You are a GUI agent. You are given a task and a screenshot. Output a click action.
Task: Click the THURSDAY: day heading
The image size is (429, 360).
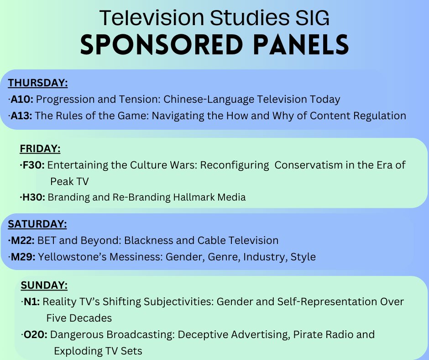coord(38,83)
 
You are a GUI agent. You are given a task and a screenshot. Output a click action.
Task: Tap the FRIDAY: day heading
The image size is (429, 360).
coord(40,149)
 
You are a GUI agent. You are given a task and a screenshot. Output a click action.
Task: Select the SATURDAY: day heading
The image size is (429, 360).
coord(37,224)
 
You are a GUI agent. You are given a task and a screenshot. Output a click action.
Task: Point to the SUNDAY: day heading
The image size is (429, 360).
coord(44,286)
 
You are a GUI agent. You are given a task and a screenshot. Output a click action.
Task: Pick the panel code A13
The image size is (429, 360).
coord(21,116)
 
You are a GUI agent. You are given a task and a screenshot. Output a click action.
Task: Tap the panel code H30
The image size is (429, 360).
coord(34,197)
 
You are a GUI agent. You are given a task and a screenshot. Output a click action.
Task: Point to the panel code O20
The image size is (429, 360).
coord(35,334)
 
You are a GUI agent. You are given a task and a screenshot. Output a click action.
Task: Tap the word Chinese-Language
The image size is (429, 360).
coord(203,99)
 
